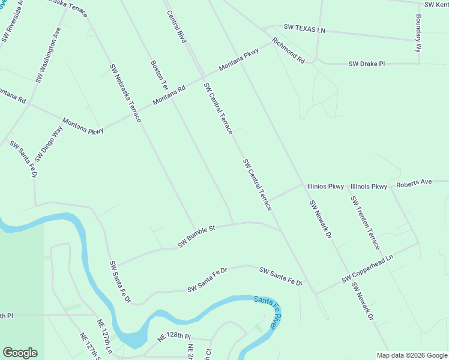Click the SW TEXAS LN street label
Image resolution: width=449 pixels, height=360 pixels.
304,29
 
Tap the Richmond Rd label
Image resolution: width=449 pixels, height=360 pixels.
288,51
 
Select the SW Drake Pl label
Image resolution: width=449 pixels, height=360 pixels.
367,64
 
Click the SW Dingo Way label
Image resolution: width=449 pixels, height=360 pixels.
49,143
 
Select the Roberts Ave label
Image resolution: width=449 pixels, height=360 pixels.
414,182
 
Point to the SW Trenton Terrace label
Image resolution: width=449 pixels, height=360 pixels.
366,223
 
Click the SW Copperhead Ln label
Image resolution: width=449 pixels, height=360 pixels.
367,269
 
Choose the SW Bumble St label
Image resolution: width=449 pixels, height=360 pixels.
196,236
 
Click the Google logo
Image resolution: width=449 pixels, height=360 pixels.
20,353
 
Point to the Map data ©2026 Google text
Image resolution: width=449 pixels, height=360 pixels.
412,355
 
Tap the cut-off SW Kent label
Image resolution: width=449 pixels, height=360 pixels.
436,5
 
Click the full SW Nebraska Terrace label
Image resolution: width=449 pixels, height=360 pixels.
125,93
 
